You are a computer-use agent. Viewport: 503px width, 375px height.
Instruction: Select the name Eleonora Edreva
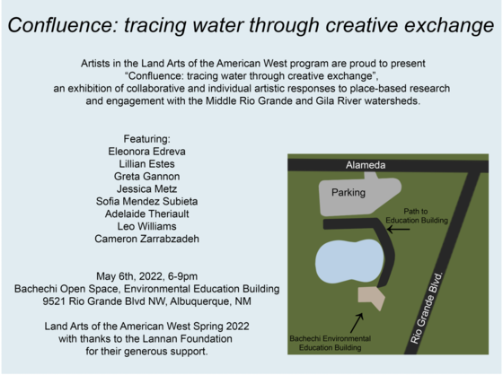[x=147, y=153]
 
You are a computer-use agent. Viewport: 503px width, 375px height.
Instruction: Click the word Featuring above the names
[x=147, y=139]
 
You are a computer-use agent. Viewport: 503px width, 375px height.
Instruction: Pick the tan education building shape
[x=371, y=298]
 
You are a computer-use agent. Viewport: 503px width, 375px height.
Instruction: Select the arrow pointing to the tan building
[x=357, y=320]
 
